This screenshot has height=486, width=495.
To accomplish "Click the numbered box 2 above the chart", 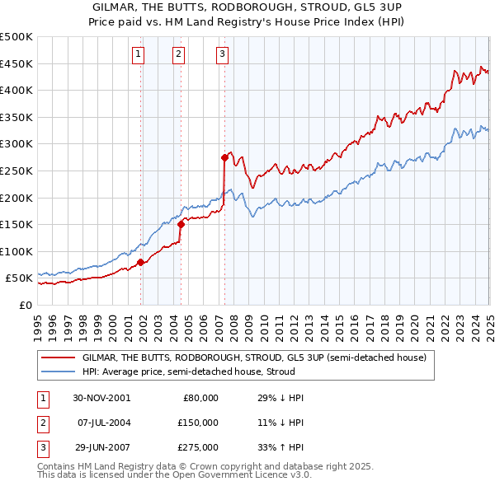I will coord(178,55).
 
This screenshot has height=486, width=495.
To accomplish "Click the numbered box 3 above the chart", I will coord(223,55).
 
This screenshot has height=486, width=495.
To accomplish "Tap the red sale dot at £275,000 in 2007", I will coord(224,157).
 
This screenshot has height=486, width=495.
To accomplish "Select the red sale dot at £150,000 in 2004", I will coord(181,222).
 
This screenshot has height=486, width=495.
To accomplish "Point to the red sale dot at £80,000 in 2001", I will coord(141,262).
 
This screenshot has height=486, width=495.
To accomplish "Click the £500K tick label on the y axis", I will coord(16,37).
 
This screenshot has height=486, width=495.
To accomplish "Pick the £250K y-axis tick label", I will coord(16,171).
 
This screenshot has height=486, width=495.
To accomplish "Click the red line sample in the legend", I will coord(58,357).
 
